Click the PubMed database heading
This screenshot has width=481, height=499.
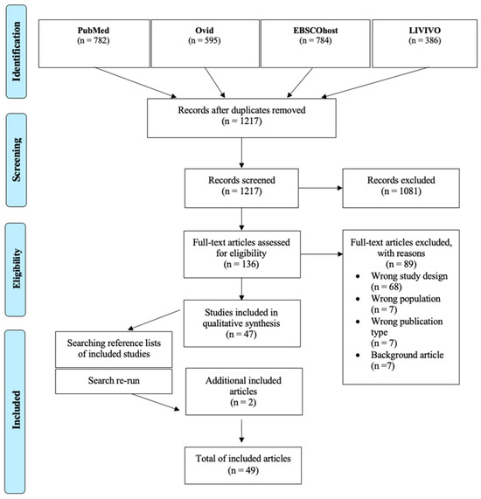coord(94,31)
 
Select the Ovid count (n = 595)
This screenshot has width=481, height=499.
coord(204,41)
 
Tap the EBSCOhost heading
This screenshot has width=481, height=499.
coord(316,31)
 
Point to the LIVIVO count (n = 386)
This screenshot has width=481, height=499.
coord(425,41)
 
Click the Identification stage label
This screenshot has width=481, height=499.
coord(16,52)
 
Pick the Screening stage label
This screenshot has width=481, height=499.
coord(16,160)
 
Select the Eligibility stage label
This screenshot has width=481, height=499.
coord(16,269)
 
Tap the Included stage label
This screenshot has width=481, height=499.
coord(15,412)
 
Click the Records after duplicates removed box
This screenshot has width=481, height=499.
coord(241,118)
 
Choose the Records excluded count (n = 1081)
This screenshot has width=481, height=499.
coord(401,191)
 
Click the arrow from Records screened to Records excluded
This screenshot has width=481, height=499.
coord(320,188)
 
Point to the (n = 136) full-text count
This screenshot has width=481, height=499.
coord(241,265)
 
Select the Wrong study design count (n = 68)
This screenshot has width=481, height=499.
coord(387,287)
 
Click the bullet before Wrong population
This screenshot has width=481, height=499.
coord(358,299)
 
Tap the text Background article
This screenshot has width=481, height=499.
coord(407,355)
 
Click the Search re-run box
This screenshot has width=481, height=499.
coord(114,381)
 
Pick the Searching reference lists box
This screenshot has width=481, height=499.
coord(114,350)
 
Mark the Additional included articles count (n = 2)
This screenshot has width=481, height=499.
coord(243,403)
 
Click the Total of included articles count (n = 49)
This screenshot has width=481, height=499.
coord(243,470)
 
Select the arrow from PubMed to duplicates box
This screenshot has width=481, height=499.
coord(135,82)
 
